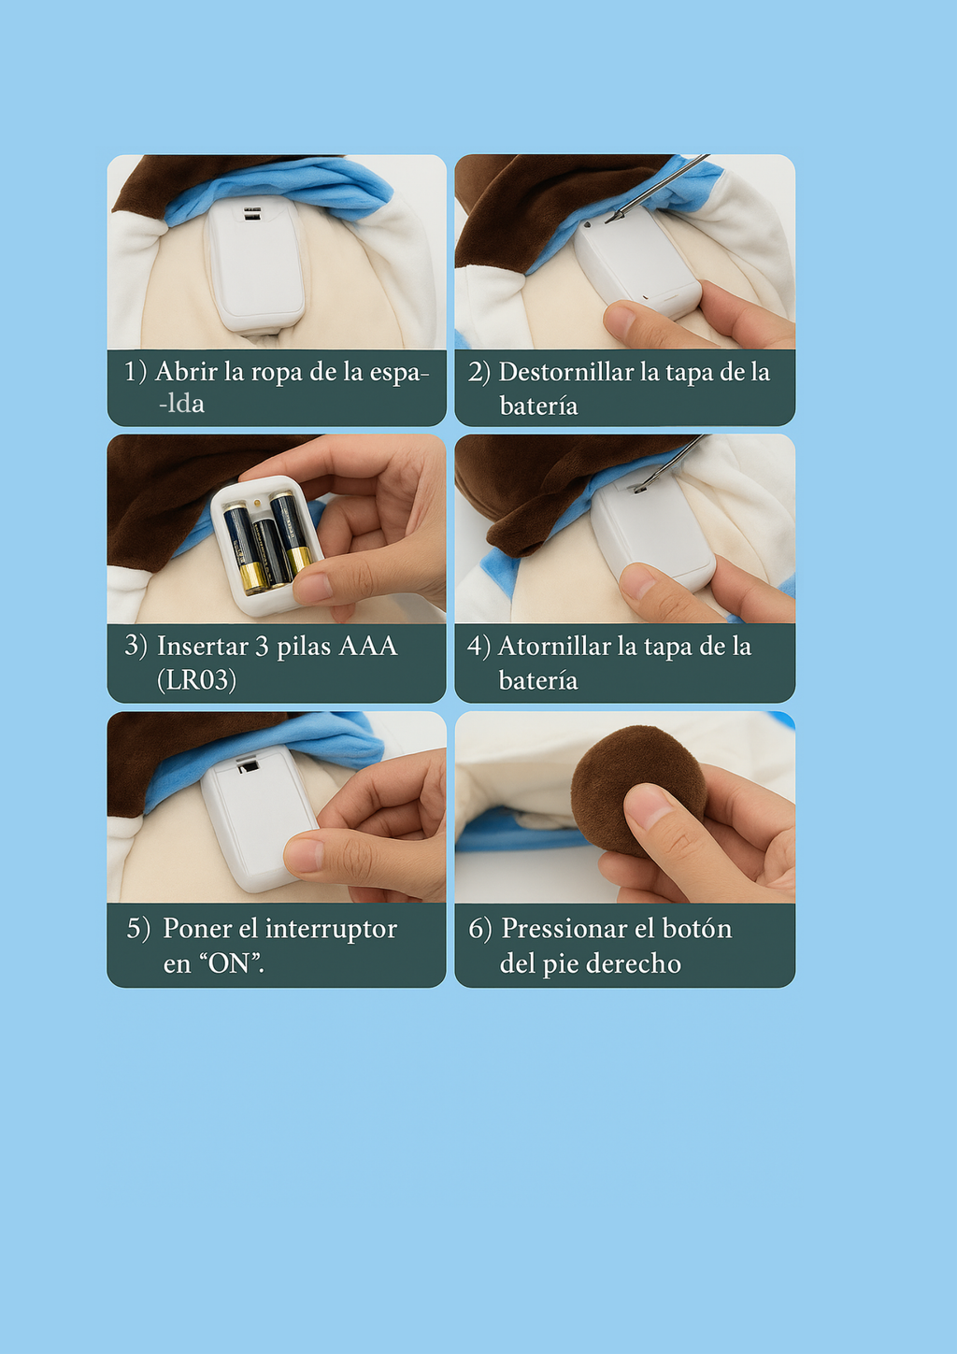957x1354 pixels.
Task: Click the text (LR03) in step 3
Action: pos(196,680)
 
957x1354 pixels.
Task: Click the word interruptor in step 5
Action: pos(331,929)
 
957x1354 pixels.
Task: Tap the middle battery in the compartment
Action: pos(271,551)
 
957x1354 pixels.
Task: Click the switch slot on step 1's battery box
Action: pos(252,214)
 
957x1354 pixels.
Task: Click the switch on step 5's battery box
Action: pos(249,766)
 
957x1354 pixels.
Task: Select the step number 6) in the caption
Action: pos(479,929)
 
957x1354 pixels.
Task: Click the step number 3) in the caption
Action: pos(136,647)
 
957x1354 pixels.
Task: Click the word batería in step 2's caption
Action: pos(538,406)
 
